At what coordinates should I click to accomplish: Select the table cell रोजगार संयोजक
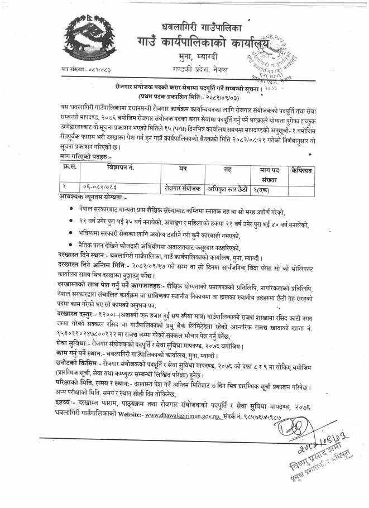183,188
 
